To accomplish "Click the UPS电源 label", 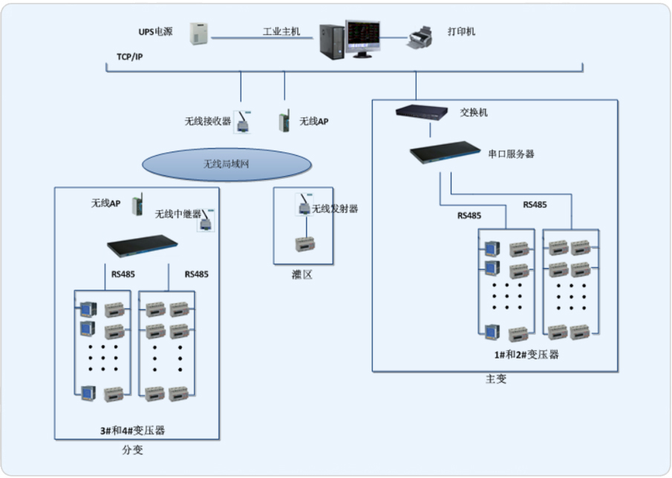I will tap(155, 32).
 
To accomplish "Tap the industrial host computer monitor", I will tap(362, 39).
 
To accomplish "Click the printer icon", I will tap(421, 36).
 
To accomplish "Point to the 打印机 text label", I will tap(462, 32).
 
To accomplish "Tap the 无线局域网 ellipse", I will tap(226, 165).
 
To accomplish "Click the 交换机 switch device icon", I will tap(421, 112).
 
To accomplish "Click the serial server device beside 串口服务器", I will tap(444, 154).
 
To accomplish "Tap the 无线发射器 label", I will tap(335, 209).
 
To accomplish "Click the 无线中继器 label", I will tap(177, 214).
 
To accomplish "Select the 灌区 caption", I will tap(302, 275).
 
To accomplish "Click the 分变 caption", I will tap(132, 450).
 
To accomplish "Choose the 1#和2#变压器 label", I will tap(526, 355).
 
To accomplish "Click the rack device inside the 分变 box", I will tap(142, 243).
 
